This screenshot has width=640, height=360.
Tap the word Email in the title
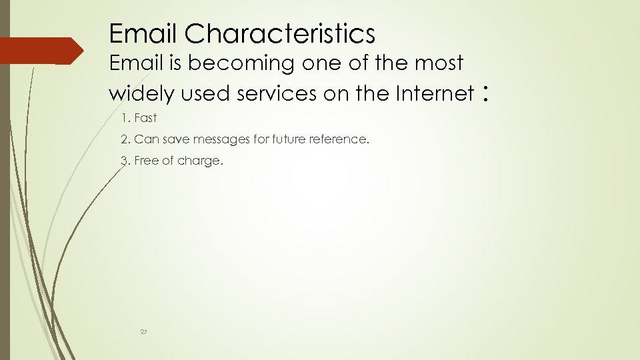[x=143, y=33]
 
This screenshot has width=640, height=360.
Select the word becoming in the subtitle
[x=243, y=63]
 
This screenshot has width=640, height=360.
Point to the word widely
[x=142, y=94]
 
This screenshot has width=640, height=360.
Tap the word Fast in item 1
[x=145, y=118]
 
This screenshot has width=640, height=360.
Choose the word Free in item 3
[x=145, y=161]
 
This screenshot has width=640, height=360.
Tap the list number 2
[x=125, y=139]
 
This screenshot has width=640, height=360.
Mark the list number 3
[x=125, y=161]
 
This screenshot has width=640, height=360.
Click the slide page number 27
[x=143, y=331]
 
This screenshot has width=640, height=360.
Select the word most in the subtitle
[x=439, y=63]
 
